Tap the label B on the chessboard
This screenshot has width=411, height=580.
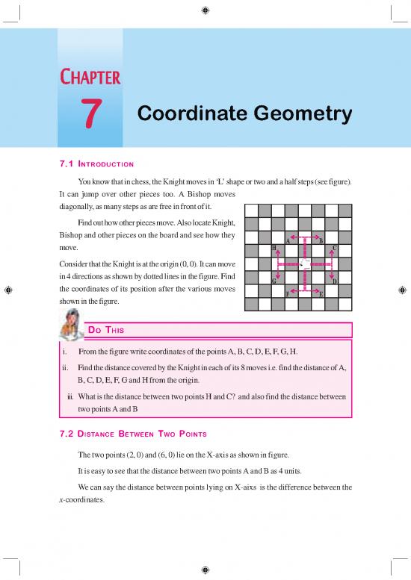[x=321, y=240]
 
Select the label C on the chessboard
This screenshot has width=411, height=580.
[x=334, y=248]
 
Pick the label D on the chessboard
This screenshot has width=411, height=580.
[x=334, y=281]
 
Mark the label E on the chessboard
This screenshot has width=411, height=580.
[x=321, y=294]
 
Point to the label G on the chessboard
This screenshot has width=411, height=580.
[x=274, y=281]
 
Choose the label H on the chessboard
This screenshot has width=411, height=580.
[x=274, y=248]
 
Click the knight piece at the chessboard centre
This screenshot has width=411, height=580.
[x=304, y=264]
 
